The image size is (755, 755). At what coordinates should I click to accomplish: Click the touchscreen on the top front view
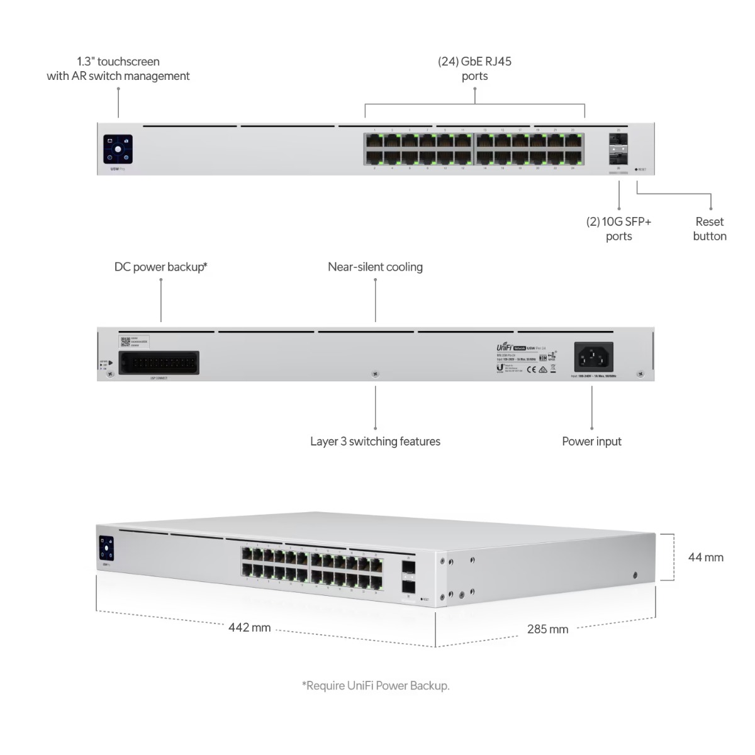pos(118,149)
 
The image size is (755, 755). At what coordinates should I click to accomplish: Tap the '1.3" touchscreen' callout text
pos(118,69)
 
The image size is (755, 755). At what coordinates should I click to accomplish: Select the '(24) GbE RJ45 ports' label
pos(474,69)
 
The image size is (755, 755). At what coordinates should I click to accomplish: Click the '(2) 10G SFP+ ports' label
pos(618,229)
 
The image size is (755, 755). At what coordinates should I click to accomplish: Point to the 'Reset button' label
pos(709,229)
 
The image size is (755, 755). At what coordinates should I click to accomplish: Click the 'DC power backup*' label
pos(161,267)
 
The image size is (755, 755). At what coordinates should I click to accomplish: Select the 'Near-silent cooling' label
pos(375,267)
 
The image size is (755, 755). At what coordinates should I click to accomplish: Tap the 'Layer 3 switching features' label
pos(375,441)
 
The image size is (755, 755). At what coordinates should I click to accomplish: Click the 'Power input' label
pos(591,441)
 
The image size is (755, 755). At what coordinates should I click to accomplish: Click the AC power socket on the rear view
pos(594,357)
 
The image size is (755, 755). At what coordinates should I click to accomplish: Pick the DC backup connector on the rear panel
pos(159,363)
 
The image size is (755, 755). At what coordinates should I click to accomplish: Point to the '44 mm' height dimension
pos(705,557)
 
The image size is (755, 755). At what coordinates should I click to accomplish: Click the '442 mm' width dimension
pos(249,627)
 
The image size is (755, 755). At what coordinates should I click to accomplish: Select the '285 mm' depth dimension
pos(547,629)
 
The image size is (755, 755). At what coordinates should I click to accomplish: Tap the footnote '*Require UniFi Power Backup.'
pos(376,685)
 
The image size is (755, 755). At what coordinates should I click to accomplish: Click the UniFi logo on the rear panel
pos(504,347)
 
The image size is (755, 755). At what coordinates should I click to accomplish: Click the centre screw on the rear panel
pos(375,374)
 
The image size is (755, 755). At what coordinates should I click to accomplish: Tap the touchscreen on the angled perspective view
pos(106,547)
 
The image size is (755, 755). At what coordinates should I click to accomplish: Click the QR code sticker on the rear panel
pos(125,340)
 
